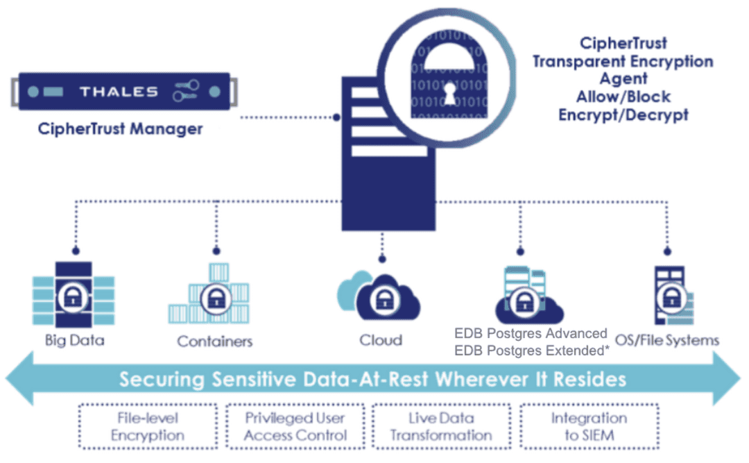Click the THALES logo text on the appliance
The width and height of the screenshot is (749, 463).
coord(119,92)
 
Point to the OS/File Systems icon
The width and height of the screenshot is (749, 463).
coord(670,297)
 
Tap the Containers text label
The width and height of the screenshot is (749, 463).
coord(214,341)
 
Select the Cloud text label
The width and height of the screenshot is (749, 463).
coord(380,339)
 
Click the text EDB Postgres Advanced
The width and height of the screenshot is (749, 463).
coord(531,334)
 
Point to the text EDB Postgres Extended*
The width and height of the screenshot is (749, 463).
coord(532,351)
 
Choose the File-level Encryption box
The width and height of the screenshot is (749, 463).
coord(148,426)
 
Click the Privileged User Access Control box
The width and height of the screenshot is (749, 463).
coord(295,426)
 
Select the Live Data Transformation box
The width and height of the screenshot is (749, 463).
coord(441,426)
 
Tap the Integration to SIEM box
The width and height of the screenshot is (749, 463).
coord(589,426)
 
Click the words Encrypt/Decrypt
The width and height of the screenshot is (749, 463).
coord(623,115)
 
